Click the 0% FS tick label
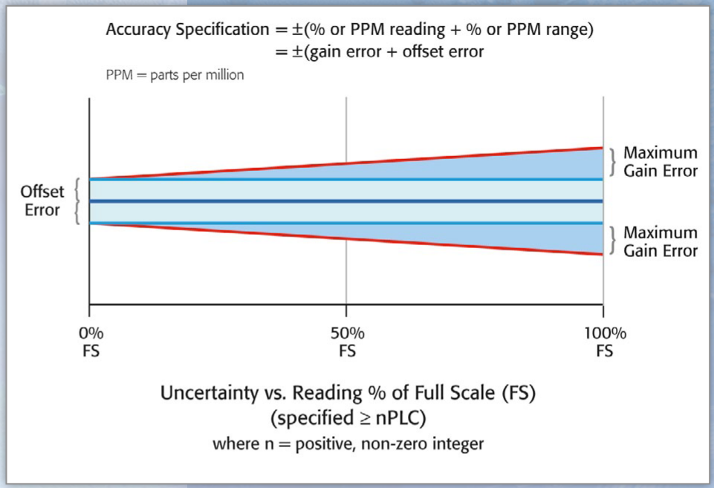89,341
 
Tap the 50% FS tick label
347,341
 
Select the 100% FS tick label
603,341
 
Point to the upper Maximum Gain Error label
661,162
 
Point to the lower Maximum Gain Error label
661,241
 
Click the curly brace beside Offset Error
79,201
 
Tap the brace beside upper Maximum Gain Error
613,162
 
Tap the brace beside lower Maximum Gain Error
613,241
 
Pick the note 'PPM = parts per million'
175,76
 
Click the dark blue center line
346,201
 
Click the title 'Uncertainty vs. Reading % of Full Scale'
347,393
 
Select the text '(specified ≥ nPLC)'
347,419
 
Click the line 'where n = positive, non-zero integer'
347,445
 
